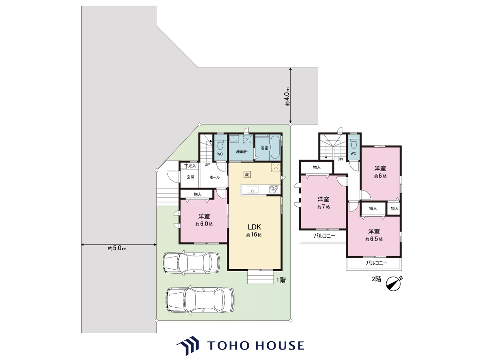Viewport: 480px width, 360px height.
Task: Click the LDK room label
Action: coord(254,227)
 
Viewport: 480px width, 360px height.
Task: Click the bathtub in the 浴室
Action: coord(275,148)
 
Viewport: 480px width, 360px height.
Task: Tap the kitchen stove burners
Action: coord(274,189)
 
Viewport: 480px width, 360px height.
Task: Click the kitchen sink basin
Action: coord(252,189)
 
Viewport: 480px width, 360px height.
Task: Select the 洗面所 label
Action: coord(242,152)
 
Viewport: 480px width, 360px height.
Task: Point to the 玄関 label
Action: coord(190,177)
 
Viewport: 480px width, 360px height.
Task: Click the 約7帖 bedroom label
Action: coord(324,206)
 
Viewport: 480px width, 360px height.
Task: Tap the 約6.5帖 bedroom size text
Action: coord(374,239)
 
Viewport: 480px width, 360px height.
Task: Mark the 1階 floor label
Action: coord(281,280)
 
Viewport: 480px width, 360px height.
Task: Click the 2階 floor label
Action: coord(376,279)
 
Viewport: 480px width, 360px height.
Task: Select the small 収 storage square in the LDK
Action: coord(247,174)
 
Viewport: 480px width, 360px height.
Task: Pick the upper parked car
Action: coord(191,263)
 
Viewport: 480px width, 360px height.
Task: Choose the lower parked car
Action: coord(200,300)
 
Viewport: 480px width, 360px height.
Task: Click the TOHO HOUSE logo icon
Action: coord(188,346)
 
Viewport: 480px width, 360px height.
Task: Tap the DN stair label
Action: coord(340,159)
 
